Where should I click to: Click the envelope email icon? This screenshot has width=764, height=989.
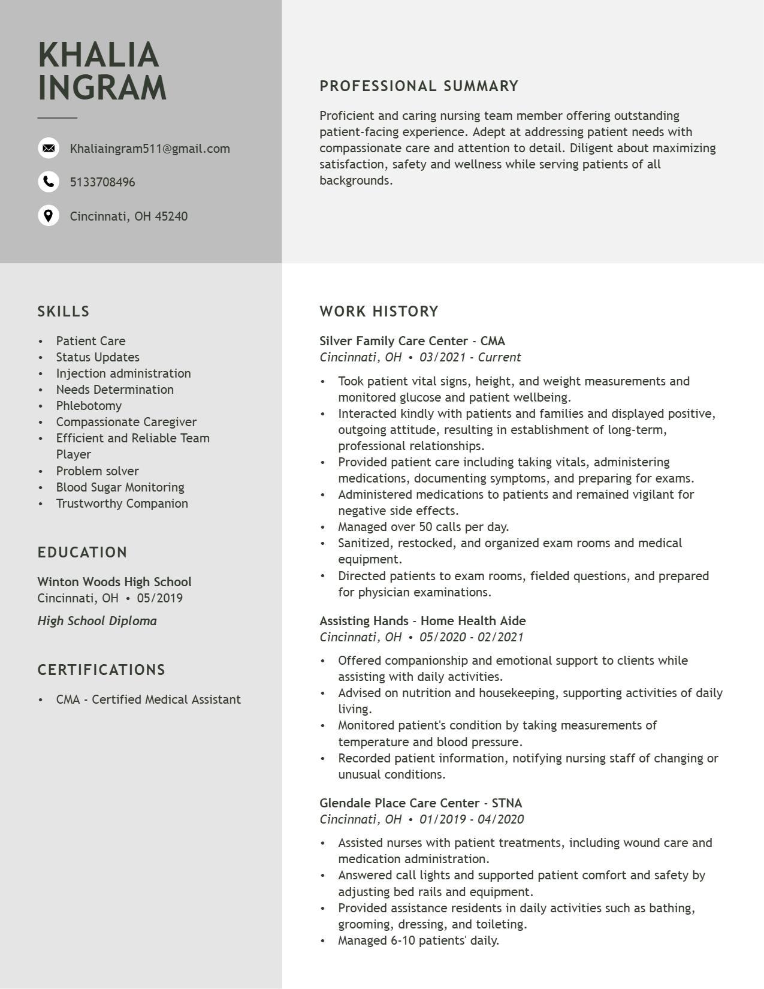point(49,148)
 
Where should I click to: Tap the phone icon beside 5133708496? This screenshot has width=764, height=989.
point(49,182)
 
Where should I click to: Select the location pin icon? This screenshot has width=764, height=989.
point(49,216)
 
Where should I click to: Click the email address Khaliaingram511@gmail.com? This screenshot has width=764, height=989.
point(150,149)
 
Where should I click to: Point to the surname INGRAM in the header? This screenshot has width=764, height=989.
point(102,88)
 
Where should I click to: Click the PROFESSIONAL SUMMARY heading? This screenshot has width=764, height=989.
point(419,86)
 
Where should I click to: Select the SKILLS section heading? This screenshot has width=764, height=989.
point(64,312)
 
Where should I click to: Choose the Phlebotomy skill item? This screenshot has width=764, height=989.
point(89,406)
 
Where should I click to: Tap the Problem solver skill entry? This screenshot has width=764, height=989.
point(97,471)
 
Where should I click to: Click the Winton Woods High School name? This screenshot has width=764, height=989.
point(114,582)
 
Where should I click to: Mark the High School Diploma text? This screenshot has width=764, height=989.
point(97,621)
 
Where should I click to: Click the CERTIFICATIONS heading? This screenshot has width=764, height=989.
point(101,670)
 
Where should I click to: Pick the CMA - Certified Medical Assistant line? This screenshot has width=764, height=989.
point(148,699)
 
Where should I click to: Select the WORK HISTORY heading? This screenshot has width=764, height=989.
point(379,312)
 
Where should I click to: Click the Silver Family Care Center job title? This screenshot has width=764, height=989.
point(412,341)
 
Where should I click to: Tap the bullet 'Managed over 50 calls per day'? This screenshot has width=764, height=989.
point(423,527)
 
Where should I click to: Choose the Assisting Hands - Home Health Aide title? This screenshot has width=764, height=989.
point(422,621)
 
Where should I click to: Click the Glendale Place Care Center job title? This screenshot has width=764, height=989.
point(421,803)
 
